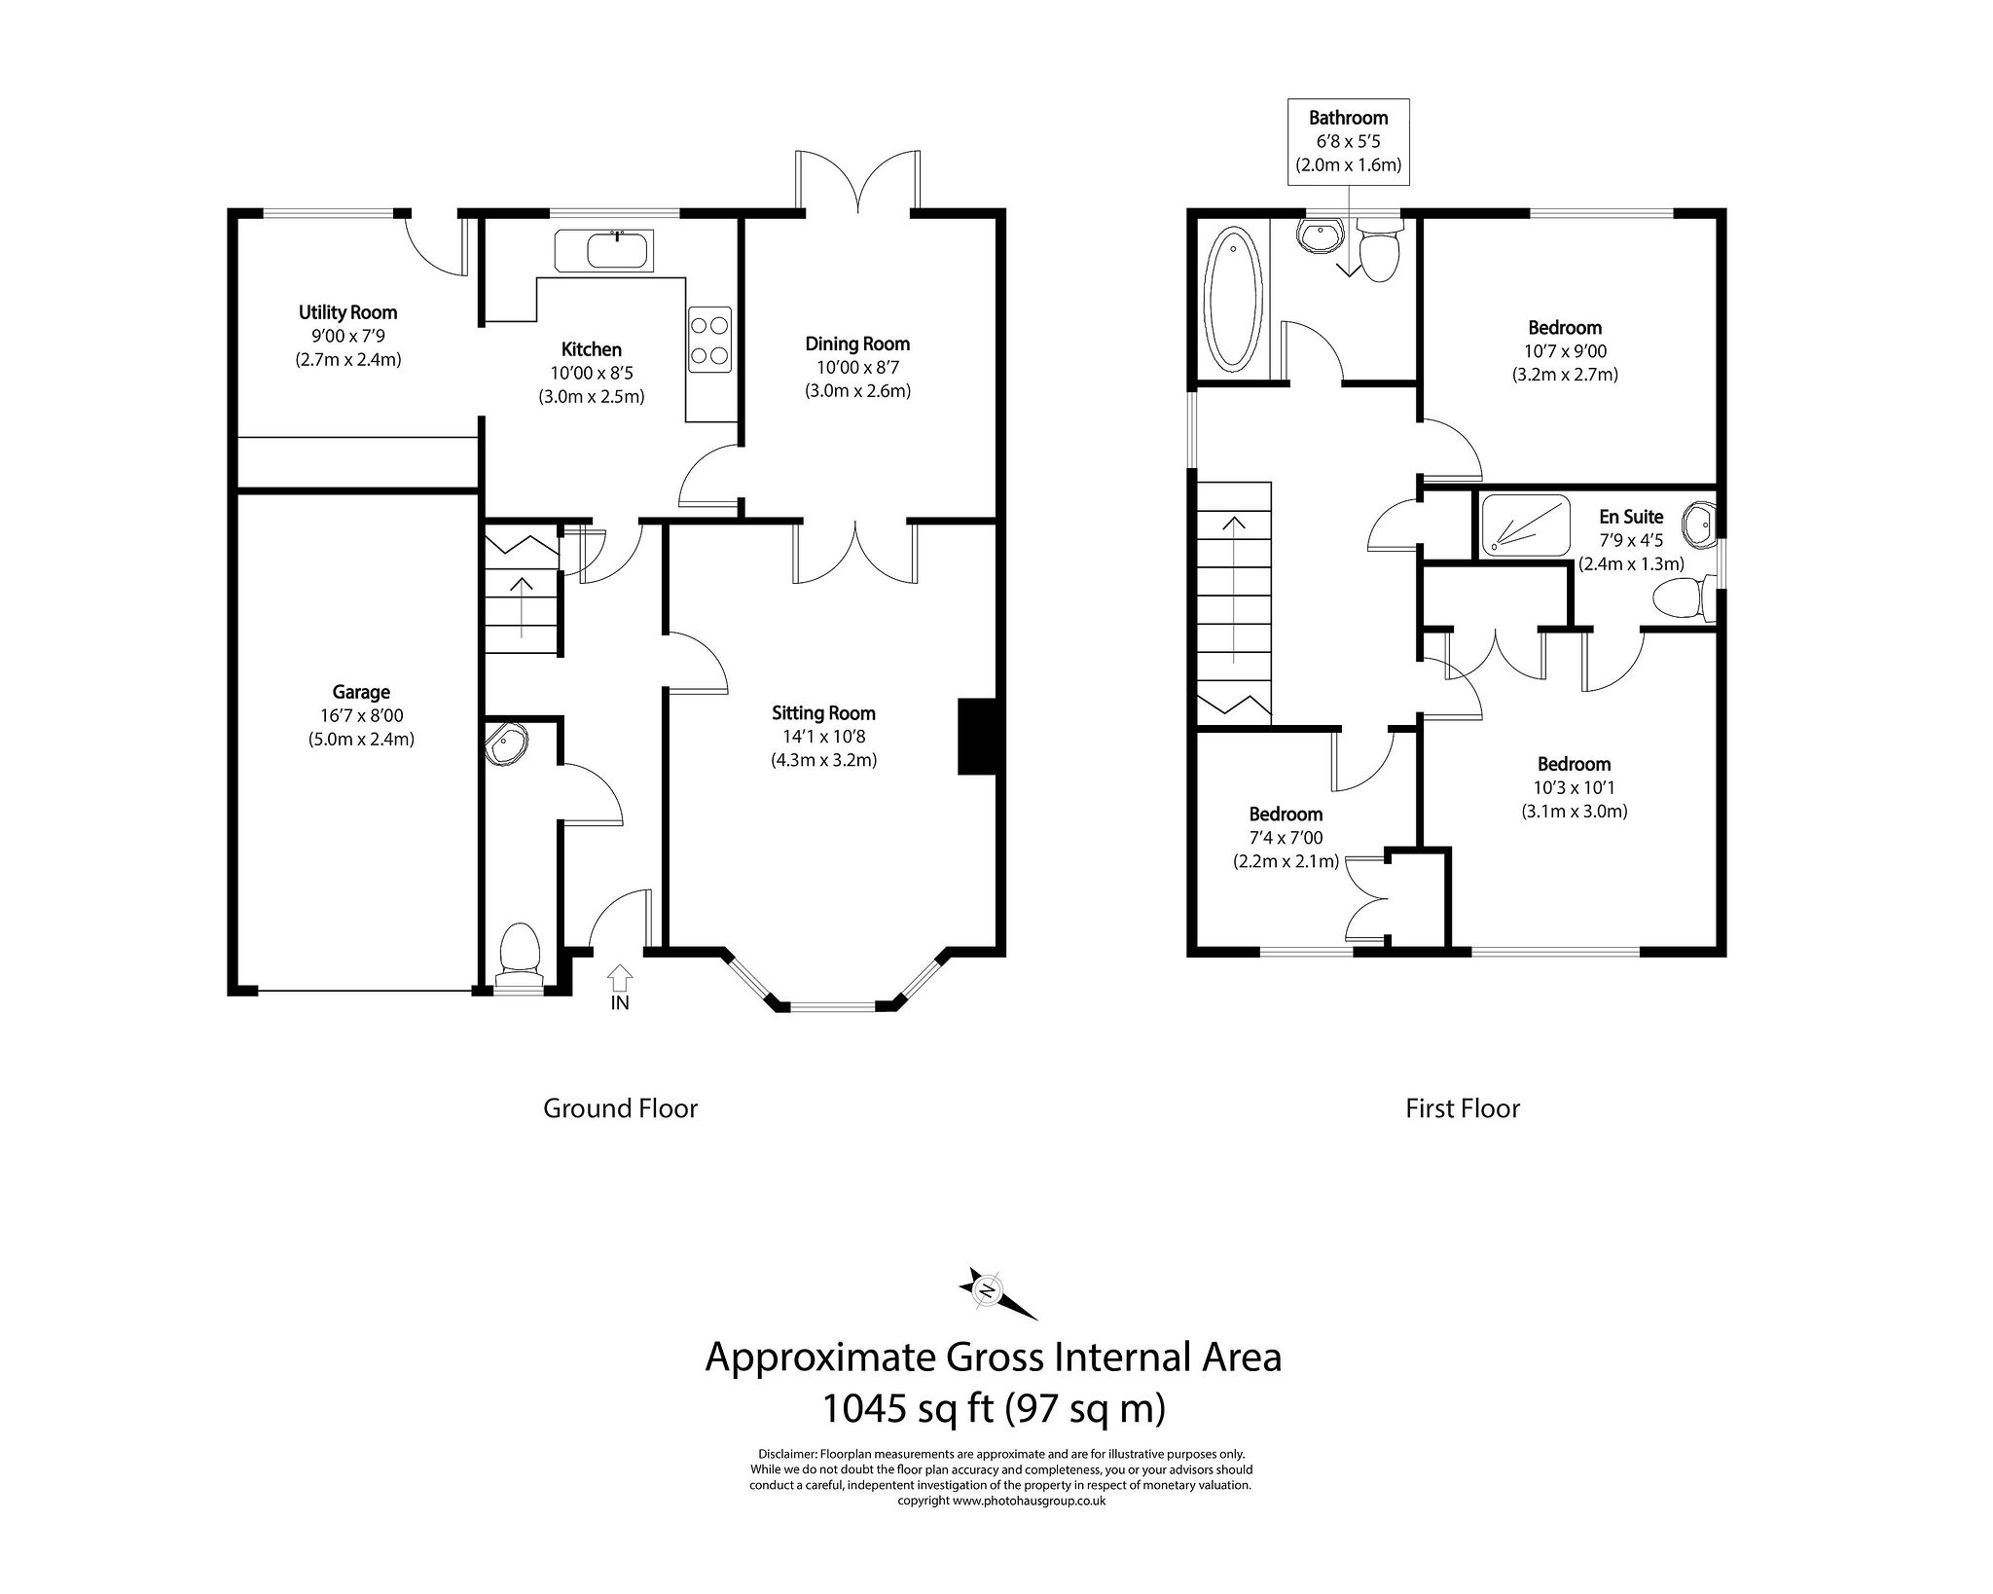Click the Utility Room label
[x=347, y=312]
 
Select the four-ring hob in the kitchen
[x=709, y=339]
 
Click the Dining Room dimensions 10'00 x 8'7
[x=856, y=368]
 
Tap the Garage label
[x=361, y=692]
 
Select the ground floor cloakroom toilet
[x=519, y=951]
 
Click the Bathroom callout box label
[x=1348, y=118]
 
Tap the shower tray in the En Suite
[x=1524, y=525]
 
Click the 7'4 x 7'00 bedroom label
[x=1286, y=838]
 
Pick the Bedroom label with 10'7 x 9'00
[x=1564, y=328]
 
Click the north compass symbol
[x=987, y=1291]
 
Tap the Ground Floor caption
[x=620, y=1108]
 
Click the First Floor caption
[x=1462, y=1108]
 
